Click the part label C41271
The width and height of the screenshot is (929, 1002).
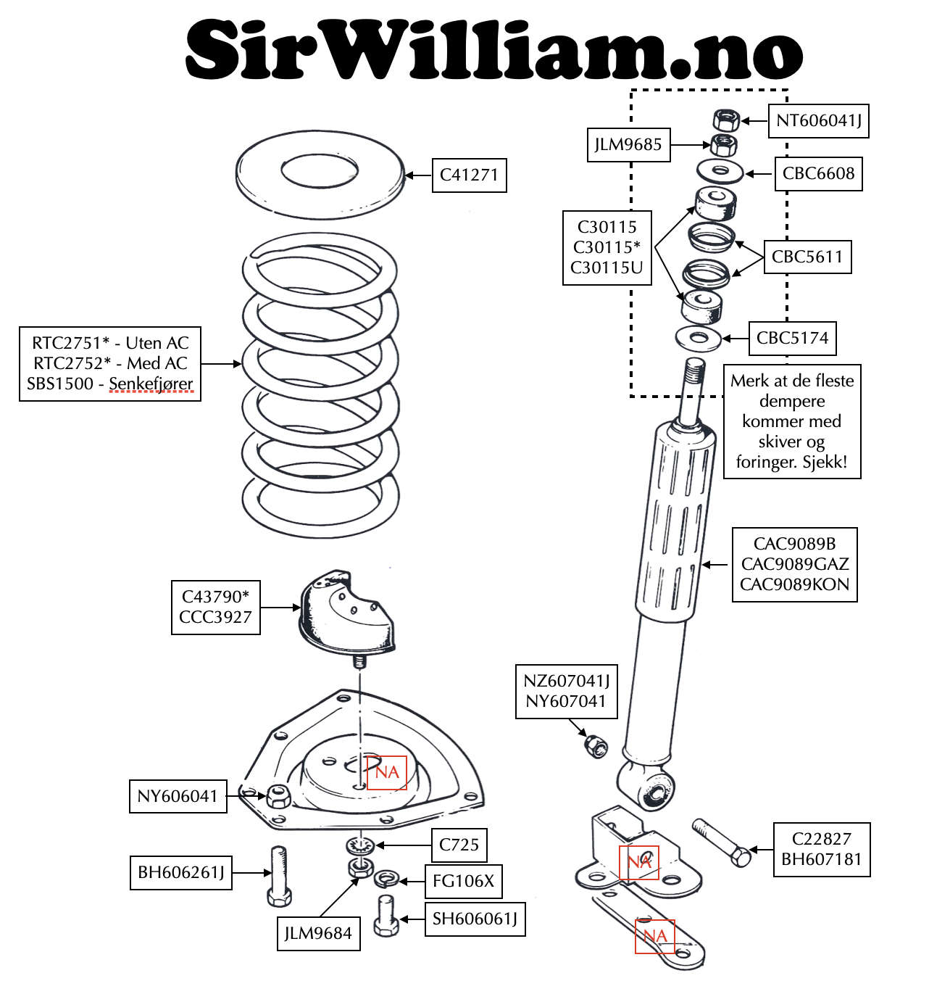tap(469, 175)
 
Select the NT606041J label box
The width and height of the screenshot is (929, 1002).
tap(819, 121)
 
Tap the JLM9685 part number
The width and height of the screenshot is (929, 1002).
tap(628, 145)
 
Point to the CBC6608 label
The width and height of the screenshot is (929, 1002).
tap(818, 174)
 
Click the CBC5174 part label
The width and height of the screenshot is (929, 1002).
tap(792, 339)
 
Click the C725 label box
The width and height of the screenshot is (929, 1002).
tap(459, 845)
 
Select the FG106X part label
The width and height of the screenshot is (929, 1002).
tap(463, 882)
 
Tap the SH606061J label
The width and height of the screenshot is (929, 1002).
tap(475, 919)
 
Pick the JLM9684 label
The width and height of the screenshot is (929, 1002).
tap(317, 934)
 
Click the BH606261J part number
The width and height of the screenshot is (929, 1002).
tap(181, 873)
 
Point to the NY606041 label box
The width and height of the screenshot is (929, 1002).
tap(178, 797)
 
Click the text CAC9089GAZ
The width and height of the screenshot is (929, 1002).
tap(795, 565)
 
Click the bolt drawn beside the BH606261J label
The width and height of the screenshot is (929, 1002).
tap(279, 876)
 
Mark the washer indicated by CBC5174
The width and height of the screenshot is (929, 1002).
tap(698, 338)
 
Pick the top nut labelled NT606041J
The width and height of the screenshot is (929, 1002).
tap(726, 120)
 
